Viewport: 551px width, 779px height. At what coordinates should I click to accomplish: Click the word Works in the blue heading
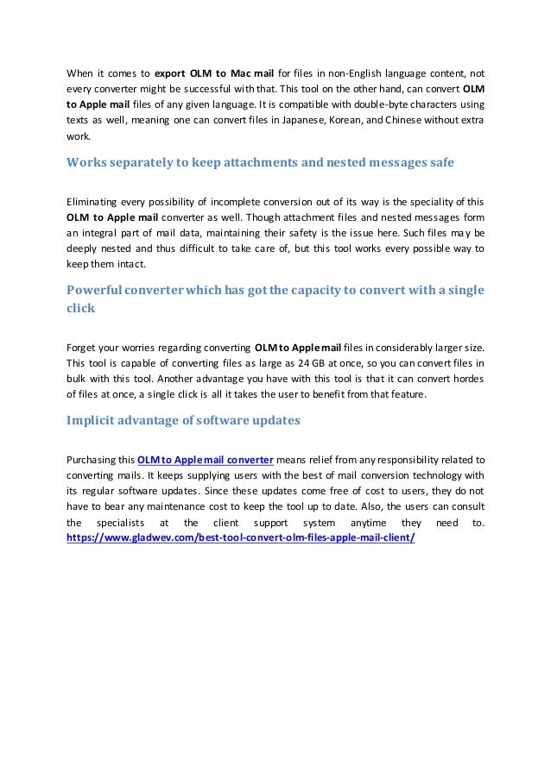90,162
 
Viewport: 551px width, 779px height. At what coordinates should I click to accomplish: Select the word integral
107,233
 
